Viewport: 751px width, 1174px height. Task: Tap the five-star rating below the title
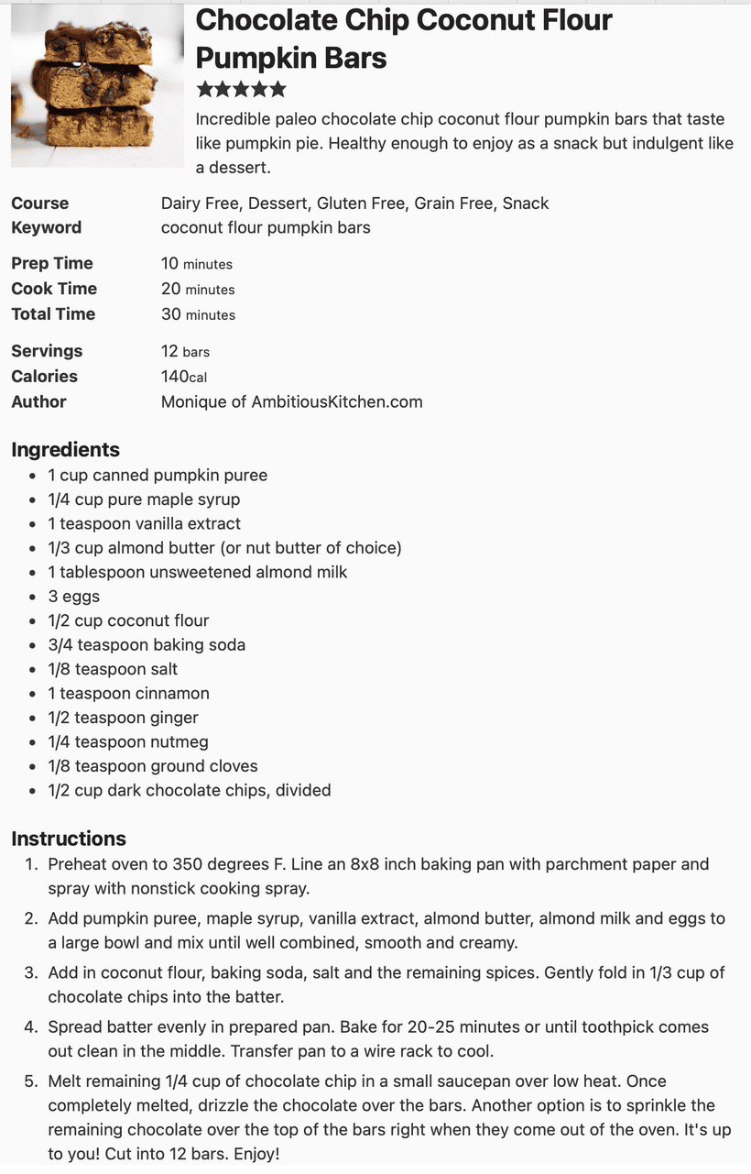click(241, 90)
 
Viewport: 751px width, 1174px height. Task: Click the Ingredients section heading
click(65, 450)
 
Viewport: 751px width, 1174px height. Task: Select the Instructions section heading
click(69, 839)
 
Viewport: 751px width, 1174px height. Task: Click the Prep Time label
click(52, 264)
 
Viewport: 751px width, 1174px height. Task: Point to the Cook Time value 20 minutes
click(198, 289)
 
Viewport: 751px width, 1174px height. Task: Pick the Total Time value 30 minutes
click(198, 314)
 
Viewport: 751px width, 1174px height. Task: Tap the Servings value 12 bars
click(185, 351)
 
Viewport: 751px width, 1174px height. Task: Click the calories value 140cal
click(183, 377)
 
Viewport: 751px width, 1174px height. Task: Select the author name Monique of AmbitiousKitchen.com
click(291, 401)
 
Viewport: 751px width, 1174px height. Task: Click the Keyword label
click(46, 227)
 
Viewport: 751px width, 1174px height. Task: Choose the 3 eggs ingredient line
click(74, 597)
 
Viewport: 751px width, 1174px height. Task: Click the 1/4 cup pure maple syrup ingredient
click(144, 499)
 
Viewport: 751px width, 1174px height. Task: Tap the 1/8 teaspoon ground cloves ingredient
click(153, 766)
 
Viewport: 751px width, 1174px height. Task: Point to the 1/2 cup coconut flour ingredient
click(128, 620)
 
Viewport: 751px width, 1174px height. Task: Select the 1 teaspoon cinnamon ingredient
click(128, 694)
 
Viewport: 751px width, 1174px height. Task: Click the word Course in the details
click(40, 203)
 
